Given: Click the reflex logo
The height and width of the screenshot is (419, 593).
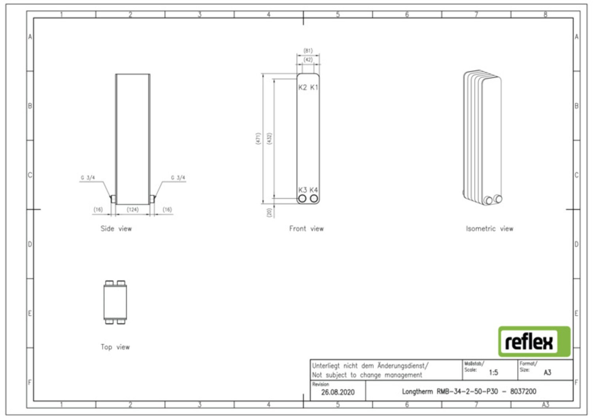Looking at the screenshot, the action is click(x=534, y=341).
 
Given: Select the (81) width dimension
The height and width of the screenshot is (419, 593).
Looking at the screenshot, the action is click(x=308, y=50).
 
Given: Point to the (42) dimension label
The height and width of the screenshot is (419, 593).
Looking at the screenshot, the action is click(x=308, y=60).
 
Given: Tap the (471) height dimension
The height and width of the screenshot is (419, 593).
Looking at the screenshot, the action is click(x=258, y=138).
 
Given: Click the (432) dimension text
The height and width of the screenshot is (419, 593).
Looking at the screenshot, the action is click(x=269, y=138).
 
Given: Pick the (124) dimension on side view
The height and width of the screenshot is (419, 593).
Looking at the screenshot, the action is click(x=132, y=210).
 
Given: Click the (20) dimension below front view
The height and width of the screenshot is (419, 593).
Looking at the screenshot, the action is click(x=269, y=212).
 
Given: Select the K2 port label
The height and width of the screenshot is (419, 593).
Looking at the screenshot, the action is click(x=302, y=87).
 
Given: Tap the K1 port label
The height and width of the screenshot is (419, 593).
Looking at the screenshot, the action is click(x=314, y=87).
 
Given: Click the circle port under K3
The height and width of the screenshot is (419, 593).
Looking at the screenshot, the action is click(x=302, y=198).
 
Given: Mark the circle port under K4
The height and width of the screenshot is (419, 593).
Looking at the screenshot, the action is click(x=314, y=198).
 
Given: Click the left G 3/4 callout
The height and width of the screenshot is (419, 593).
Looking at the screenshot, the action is click(x=88, y=178).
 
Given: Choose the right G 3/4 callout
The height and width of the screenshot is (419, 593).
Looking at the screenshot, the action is click(x=178, y=178).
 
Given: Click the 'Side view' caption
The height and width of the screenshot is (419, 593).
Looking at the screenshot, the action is click(x=116, y=228).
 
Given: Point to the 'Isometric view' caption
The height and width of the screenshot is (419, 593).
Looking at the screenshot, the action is click(x=489, y=228).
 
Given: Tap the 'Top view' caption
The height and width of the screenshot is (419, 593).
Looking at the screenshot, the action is click(x=115, y=347).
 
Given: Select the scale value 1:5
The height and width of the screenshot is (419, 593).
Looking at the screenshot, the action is click(x=493, y=373).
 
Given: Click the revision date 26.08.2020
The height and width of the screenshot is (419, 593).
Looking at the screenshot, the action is click(x=338, y=392).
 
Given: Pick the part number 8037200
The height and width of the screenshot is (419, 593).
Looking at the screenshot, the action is click(x=523, y=391).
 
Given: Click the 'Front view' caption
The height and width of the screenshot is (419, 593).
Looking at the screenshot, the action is click(x=306, y=228).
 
